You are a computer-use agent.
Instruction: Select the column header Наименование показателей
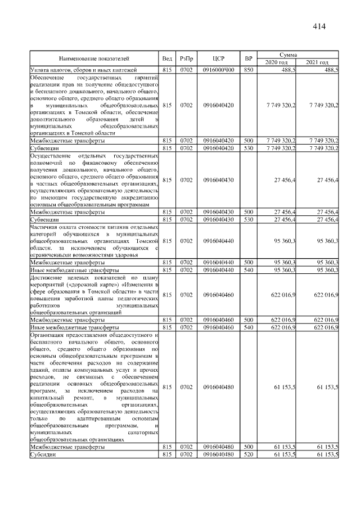[x=94, y=58]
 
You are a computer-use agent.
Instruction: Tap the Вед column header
[x=167, y=58]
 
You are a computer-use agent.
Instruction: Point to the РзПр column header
[x=187, y=58]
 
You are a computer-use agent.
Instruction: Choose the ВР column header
[x=249, y=58]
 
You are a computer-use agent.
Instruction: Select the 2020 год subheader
[x=276, y=62]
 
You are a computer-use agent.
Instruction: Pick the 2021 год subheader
[x=317, y=62]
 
